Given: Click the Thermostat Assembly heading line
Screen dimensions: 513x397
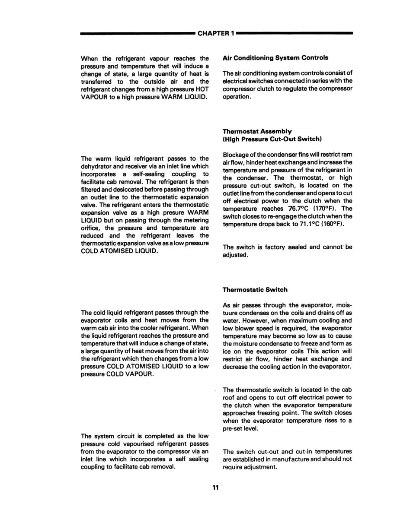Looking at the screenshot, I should tap(257, 131).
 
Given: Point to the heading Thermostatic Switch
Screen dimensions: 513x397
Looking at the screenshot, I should tap(255, 289).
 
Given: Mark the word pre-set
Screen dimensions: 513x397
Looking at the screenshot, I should tap(234, 429).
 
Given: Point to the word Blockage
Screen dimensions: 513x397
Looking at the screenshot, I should tap(236, 155).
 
